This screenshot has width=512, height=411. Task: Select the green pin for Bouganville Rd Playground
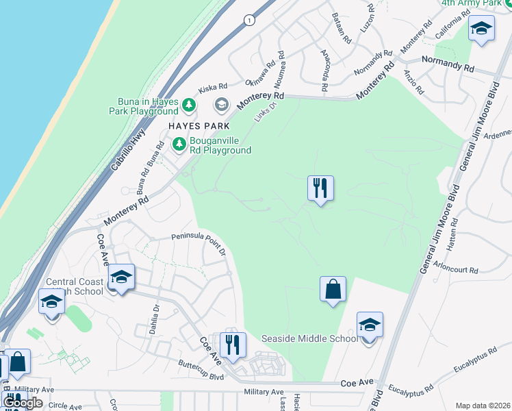179,144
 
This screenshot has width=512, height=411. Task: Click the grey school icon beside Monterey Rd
221,105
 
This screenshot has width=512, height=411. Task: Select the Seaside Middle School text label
309,338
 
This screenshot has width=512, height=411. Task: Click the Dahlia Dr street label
154,319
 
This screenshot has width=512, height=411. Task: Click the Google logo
23,403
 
